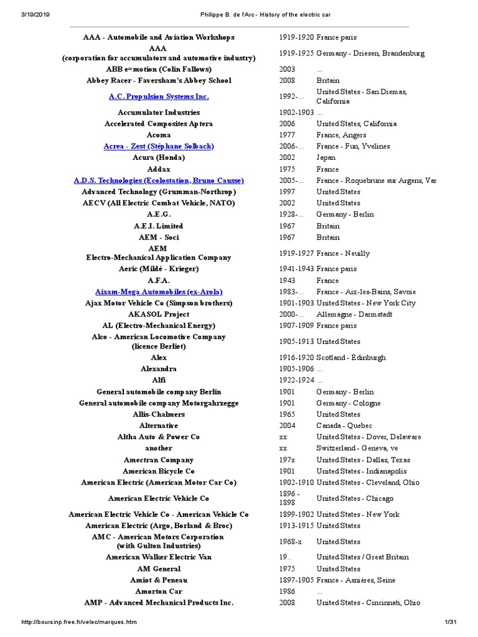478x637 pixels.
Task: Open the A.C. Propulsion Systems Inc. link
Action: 159,96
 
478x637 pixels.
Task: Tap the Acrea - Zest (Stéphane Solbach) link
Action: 159,146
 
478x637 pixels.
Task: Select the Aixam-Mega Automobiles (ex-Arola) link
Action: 159,292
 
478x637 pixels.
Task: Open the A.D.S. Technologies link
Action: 159,180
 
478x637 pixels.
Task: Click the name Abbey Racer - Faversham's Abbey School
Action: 159,80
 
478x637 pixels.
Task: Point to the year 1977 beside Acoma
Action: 287,135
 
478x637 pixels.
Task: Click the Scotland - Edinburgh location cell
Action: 350,358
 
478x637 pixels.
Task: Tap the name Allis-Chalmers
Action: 159,414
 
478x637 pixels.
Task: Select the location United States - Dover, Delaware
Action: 368,437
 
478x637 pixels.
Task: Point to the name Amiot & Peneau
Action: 159,580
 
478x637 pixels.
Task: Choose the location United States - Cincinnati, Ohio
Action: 368,603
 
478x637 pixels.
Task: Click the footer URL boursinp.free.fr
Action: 78,622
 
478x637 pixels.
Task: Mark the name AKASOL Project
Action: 159,315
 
